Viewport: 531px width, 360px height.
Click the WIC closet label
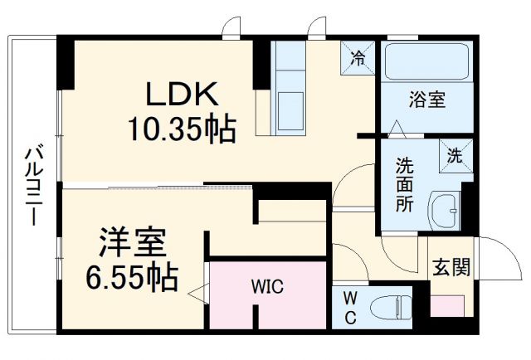coord(267,288)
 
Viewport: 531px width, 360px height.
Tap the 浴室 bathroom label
coord(428,100)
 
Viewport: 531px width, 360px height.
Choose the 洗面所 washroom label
coord(405,183)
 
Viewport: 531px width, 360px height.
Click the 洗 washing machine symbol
coord(455,154)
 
